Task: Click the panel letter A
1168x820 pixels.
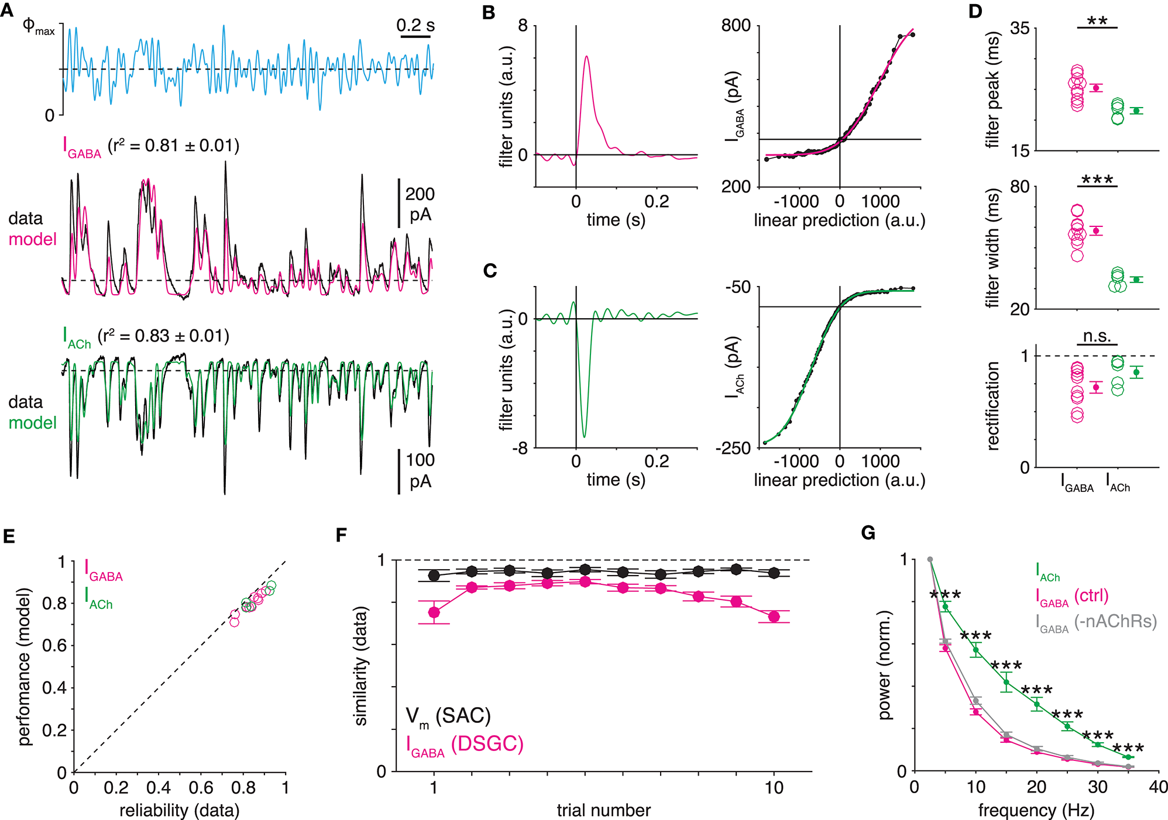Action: point(8,11)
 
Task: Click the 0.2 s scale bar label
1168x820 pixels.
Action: point(415,25)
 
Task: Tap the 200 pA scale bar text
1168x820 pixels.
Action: point(420,204)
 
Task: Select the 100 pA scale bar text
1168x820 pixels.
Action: point(420,470)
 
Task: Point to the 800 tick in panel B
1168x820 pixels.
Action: point(736,26)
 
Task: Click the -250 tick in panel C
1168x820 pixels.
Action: point(733,449)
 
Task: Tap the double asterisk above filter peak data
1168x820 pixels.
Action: point(1097,21)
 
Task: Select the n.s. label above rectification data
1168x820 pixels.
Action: point(1097,336)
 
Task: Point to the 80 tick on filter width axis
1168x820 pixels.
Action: point(1020,187)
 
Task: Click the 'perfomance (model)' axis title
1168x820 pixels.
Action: point(24,667)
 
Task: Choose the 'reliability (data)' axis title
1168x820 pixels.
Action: point(179,811)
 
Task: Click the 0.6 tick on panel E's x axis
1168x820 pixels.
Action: point(201,788)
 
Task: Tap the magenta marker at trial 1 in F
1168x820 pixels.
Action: point(434,612)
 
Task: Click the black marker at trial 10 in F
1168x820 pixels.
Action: point(774,573)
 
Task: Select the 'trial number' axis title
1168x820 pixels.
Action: point(603,811)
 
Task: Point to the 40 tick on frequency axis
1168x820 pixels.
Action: point(1158,787)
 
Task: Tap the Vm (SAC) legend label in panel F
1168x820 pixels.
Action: point(448,716)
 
